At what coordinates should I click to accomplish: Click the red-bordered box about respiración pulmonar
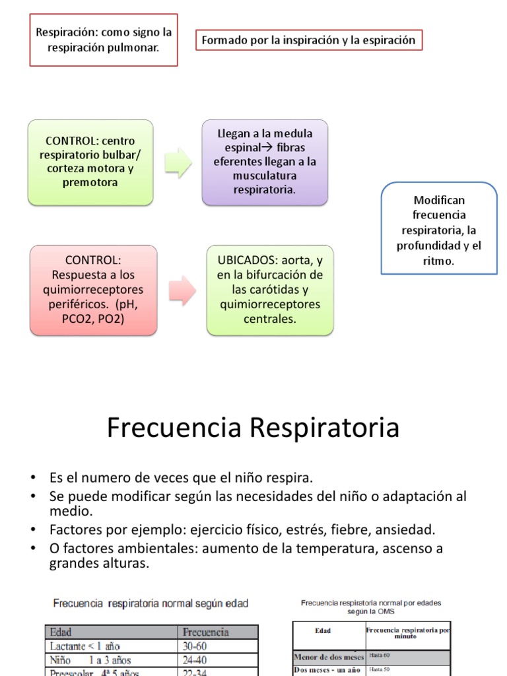click(x=104, y=40)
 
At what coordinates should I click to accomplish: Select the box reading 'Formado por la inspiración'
click(x=309, y=40)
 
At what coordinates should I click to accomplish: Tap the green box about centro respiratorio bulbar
click(x=90, y=162)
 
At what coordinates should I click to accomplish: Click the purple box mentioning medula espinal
click(x=265, y=162)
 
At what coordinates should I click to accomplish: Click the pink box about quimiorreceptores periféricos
click(x=94, y=289)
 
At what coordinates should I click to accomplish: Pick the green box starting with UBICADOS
click(x=270, y=289)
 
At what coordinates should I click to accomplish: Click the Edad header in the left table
click(x=61, y=632)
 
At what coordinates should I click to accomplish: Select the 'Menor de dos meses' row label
click(x=327, y=656)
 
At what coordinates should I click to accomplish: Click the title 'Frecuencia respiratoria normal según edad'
click(x=151, y=603)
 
